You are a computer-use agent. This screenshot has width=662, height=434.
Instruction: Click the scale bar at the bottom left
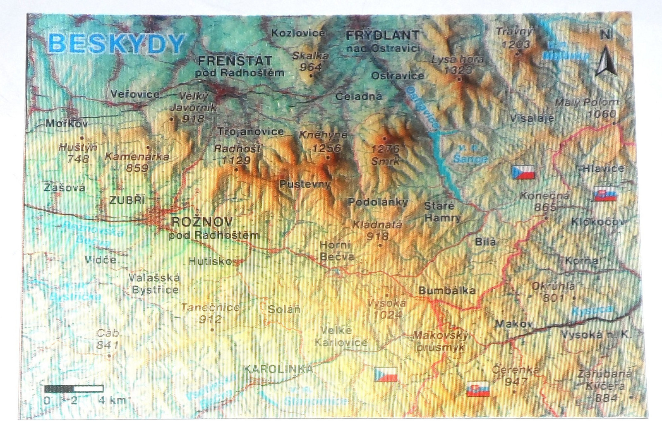tap(74, 389)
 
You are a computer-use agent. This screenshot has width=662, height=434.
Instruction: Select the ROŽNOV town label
tap(202, 222)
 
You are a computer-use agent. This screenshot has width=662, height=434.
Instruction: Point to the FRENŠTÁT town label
tap(235, 61)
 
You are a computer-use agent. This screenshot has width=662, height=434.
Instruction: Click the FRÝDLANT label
tap(383, 35)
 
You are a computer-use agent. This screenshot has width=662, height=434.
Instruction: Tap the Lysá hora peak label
tap(457, 59)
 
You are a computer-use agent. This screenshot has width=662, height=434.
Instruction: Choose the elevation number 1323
tap(458, 70)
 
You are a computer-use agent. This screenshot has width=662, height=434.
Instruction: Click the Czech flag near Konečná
tap(523, 172)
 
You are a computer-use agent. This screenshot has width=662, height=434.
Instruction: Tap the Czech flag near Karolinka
tap(386, 374)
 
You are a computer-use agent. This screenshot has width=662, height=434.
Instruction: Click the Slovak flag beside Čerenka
tap(478, 389)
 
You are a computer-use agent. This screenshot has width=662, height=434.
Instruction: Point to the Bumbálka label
tap(446, 290)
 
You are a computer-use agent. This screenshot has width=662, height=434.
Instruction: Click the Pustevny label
tap(305, 184)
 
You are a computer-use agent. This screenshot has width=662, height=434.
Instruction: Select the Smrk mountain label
tap(385, 161)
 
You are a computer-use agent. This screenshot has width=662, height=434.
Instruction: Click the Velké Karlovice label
tap(341, 336)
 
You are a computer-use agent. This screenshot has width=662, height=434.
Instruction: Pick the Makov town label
tap(513, 324)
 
